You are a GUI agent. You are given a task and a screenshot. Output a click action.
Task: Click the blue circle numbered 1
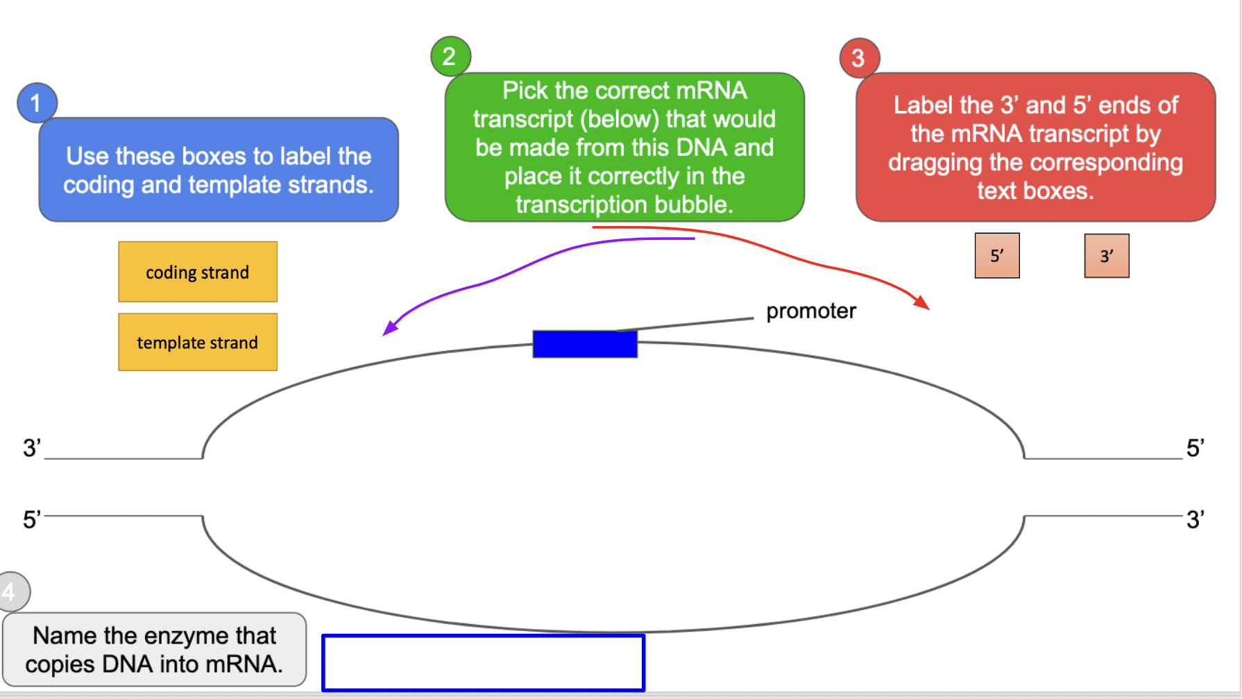click(x=37, y=103)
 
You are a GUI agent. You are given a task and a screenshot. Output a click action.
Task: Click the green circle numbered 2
click(x=450, y=56)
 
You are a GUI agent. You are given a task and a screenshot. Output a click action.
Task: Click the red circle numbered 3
click(x=859, y=58)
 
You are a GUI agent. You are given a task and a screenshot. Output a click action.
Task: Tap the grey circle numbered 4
click(x=12, y=592)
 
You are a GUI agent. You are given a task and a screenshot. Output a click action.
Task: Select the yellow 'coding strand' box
click(x=198, y=272)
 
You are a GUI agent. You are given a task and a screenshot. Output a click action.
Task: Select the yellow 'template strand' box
click(x=198, y=342)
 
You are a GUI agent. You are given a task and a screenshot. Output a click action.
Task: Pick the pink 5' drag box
click(x=997, y=256)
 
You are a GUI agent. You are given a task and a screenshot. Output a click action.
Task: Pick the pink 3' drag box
click(x=1107, y=256)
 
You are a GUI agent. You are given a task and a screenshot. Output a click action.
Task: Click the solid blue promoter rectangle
click(x=585, y=344)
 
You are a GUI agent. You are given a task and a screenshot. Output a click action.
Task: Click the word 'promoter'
click(x=810, y=311)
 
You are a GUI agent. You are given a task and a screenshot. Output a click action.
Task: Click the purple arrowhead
click(x=389, y=328)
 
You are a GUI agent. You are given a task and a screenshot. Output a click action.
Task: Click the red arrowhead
click(x=922, y=302)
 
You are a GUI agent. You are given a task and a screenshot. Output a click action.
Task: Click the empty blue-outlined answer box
click(x=484, y=662)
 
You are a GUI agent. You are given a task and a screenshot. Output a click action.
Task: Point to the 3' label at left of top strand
click(x=31, y=448)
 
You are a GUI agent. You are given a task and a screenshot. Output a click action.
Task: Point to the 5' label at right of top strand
click(x=1195, y=448)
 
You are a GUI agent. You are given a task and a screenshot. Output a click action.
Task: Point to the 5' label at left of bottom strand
click(x=31, y=519)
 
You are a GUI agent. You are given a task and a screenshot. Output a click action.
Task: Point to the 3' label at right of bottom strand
click(x=1195, y=519)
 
